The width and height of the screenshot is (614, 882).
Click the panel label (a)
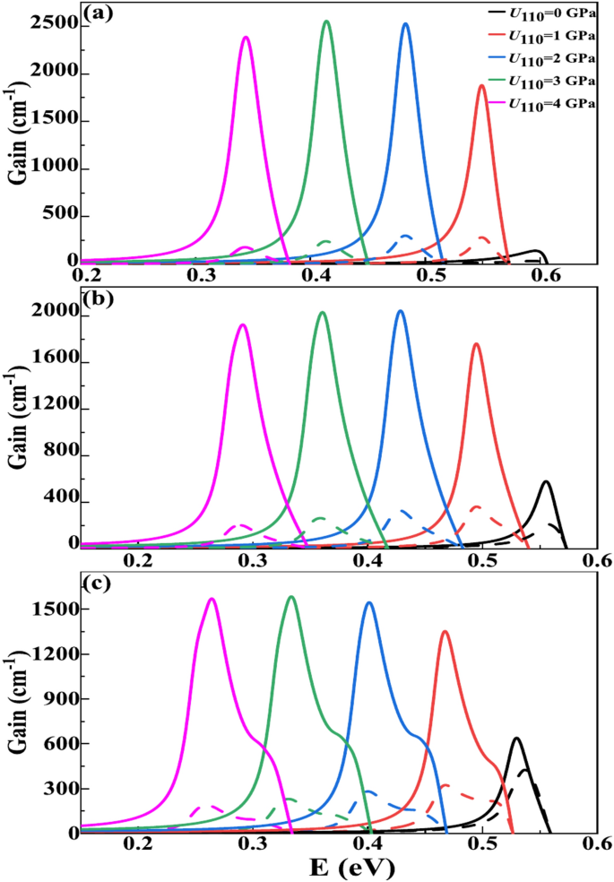[x=99, y=13]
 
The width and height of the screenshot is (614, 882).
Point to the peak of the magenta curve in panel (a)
[x=246, y=37]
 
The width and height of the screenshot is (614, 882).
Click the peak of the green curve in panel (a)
[x=326, y=22]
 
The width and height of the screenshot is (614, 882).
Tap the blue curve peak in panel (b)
[x=400, y=311]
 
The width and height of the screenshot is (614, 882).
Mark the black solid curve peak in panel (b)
[x=545, y=481]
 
